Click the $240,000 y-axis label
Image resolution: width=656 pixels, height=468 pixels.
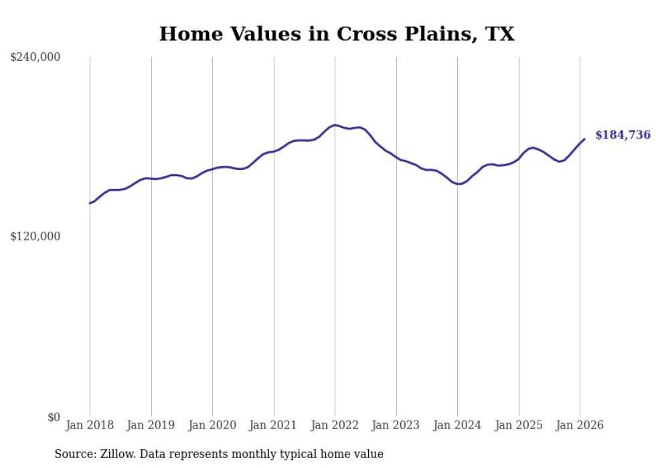(35, 58)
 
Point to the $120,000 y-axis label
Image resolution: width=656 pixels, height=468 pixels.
(35, 236)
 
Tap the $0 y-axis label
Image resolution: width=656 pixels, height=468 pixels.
(54, 417)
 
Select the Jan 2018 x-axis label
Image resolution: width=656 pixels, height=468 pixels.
(90, 425)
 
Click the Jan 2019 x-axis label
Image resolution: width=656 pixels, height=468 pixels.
(151, 425)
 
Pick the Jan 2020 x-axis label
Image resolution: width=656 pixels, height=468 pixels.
(212, 425)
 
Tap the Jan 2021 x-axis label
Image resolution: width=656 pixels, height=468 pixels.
(273, 425)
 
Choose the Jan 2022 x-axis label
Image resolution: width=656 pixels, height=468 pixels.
(335, 425)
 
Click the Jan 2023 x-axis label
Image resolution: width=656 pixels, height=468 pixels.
(396, 425)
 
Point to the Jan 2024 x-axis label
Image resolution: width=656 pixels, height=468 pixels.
(457, 425)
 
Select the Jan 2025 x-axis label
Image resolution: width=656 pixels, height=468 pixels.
(518, 425)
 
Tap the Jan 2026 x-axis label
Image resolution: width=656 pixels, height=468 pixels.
(580, 425)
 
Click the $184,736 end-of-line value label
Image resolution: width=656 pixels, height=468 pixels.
(623, 135)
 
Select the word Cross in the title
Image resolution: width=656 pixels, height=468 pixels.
(366, 34)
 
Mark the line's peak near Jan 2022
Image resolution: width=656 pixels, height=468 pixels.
(335, 125)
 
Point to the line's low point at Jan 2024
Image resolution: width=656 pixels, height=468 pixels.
(458, 183)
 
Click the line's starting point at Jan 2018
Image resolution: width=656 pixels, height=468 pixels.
(90, 203)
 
